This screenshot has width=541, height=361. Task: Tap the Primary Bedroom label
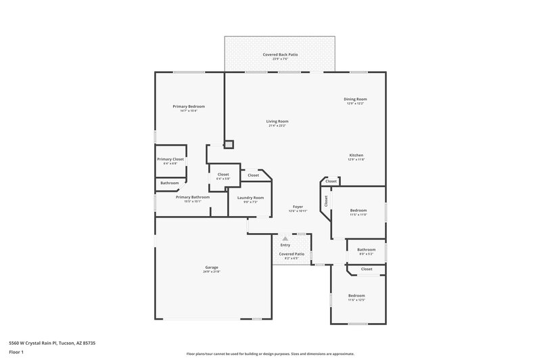[189, 106]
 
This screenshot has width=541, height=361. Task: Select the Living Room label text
[277, 121]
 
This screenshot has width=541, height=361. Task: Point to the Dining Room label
[356, 100]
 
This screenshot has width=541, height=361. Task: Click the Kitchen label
[356, 155]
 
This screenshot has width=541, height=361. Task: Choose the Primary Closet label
[170, 159]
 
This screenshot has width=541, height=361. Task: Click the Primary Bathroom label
[193, 197]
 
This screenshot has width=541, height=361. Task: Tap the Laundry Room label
[250, 197]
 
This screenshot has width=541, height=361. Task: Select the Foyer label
[298, 206]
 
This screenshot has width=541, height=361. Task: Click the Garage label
[212, 267]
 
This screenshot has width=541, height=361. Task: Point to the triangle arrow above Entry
[285, 239]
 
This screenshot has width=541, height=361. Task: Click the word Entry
[285, 245]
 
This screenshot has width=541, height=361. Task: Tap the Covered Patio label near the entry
[291, 254]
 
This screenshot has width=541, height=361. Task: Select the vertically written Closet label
[326, 201]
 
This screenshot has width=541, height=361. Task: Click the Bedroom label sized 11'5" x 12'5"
[356, 295]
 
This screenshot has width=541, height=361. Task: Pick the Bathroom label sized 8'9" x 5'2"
[366, 249]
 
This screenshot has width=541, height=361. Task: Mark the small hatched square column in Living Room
[229, 144]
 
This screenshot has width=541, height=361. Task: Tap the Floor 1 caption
[17, 353]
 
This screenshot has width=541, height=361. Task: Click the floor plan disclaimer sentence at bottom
[270, 354]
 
